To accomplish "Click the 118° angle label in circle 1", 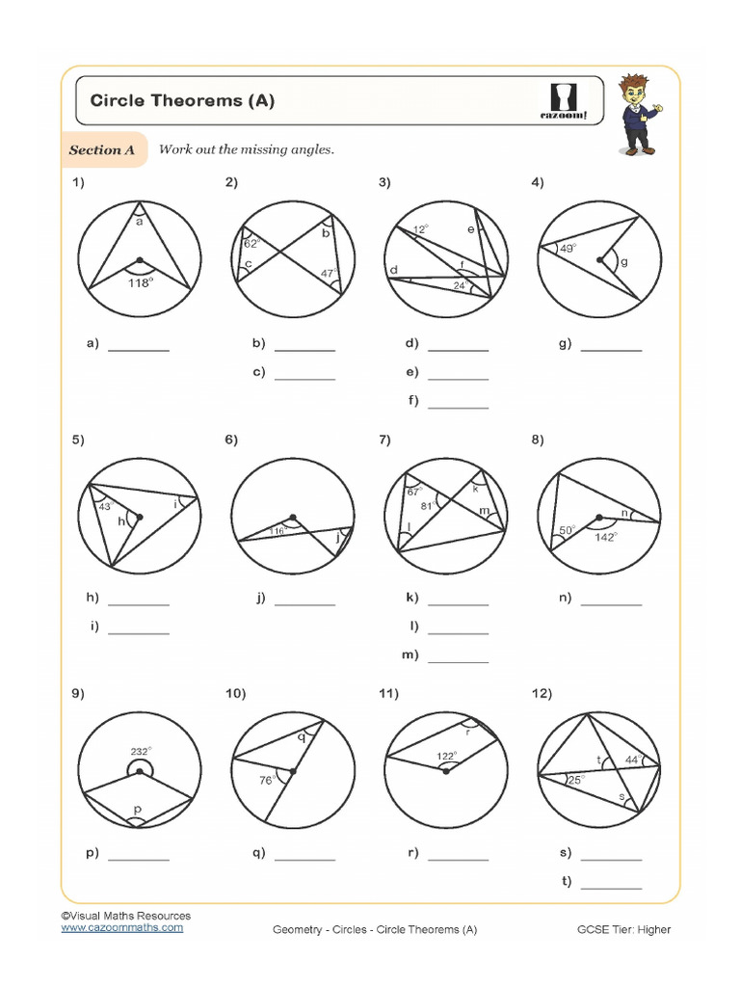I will coord(141,282).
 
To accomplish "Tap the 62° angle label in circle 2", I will coord(251,244).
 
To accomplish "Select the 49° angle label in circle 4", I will coord(567,249).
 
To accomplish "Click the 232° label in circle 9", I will coord(141,751).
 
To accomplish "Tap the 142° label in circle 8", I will coord(605,537).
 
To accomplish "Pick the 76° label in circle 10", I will coord(266,780).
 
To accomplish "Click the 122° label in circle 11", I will coord(445,756).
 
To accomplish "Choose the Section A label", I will coord(102,150).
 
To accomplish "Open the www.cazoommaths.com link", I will coord(121,927).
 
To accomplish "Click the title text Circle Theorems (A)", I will coord(182,100).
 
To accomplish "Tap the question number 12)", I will coord(541,694).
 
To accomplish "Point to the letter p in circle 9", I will coord(138,810).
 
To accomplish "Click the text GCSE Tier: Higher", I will coord(623,929).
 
